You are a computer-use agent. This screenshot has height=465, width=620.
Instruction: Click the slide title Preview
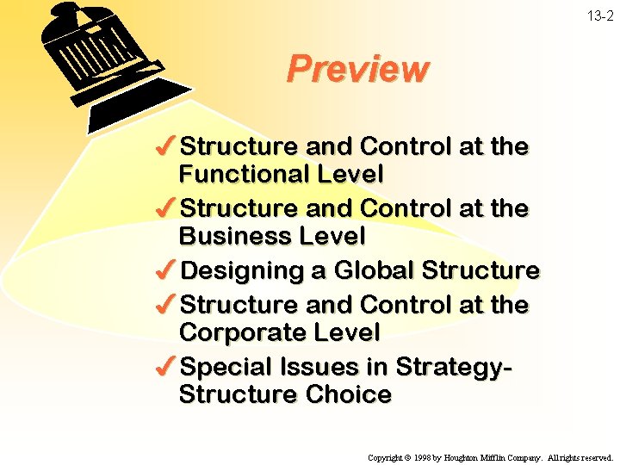point(356,69)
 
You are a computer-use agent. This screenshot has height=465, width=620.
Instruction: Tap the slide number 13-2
point(603,16)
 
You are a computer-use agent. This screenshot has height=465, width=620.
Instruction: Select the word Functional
point(244,174)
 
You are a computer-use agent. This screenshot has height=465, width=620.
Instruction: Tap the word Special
point(226,368)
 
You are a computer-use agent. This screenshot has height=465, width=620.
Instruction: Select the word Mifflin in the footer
point(504,458)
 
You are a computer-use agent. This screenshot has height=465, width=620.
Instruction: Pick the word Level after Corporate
point(345,332)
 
